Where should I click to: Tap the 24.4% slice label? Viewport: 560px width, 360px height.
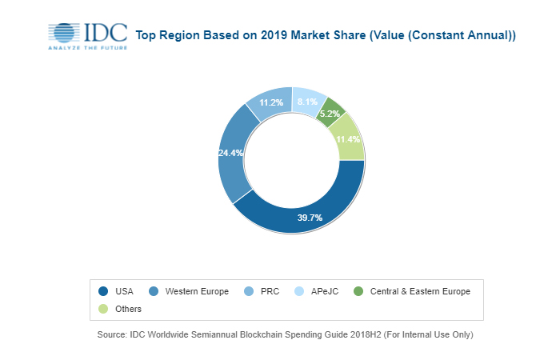[230, 152]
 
